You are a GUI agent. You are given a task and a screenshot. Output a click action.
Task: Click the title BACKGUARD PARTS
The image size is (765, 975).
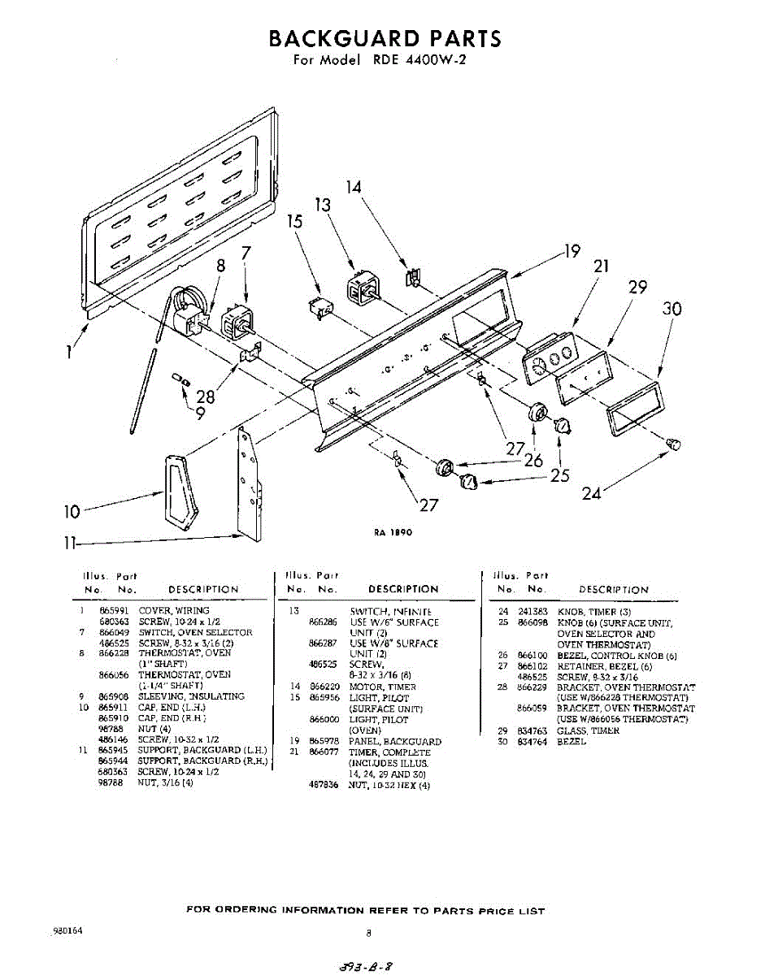pyautogui.click(x=384, y=38)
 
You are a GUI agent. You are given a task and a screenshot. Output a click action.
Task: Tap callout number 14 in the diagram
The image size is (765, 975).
pyautogui.click(x=354, y=187)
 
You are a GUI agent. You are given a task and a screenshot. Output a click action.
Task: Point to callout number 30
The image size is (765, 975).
pyautogui.click(x=672, y=309)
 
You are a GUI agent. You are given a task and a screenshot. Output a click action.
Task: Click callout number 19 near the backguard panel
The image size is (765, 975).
pyautogui.click(x=572, y=251)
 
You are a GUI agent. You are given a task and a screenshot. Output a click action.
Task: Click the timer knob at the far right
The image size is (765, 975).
pyautogui.click(x=672, y=442)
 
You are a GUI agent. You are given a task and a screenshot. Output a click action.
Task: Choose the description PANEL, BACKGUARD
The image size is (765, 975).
pyautogui.click(x=395, y=742)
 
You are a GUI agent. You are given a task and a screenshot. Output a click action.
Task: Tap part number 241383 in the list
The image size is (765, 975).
pyautogui.click(x=534, y=612)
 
